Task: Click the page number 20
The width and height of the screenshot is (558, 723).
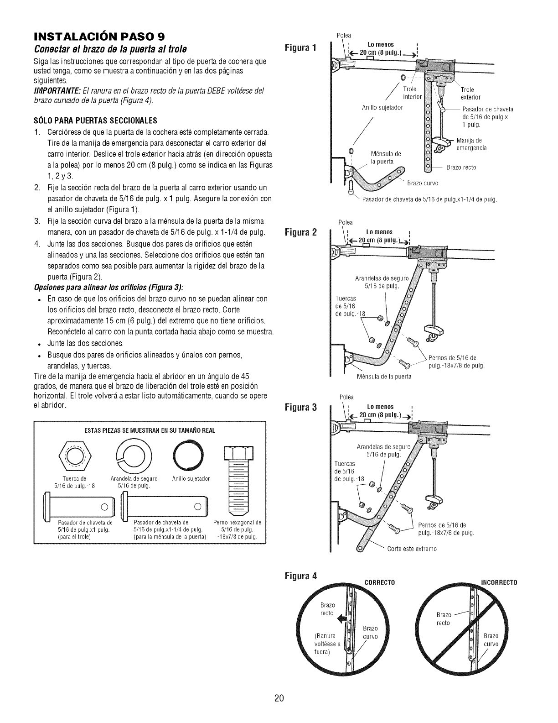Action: pyautogui.click(x=279, y=698)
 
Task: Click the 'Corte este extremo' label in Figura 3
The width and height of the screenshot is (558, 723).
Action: pyautogui.click(x=412, y=549)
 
